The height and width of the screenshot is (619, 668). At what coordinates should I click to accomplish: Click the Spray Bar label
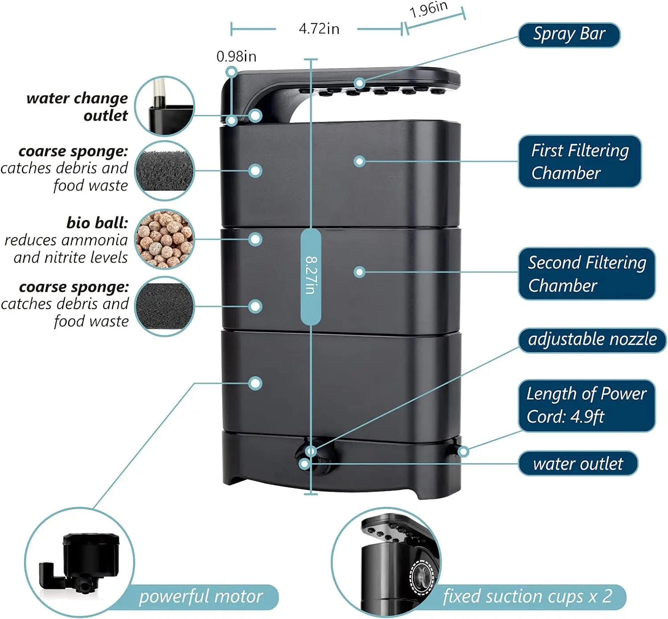569,35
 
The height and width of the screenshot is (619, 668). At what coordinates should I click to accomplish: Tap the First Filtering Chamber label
579,161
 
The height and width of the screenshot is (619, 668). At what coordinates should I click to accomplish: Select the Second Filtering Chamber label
587,273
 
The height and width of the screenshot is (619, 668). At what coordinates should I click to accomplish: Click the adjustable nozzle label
592,340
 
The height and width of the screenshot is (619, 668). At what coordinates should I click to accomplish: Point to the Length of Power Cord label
586,405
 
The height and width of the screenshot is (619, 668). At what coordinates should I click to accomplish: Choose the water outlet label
578,464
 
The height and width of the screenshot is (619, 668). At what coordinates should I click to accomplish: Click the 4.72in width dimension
318,29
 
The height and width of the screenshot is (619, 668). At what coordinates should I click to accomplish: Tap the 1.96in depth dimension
428,10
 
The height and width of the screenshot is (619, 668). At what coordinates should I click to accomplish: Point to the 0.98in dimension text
236,57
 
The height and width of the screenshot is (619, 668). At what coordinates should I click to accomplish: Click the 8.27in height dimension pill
310,276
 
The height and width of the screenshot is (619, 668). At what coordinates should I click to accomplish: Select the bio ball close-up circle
165,239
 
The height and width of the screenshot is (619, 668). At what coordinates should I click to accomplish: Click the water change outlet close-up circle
165,106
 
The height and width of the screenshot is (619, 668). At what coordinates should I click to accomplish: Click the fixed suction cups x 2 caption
527,597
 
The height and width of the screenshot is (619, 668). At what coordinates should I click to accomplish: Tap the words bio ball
97,222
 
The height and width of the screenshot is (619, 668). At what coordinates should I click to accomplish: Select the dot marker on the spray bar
359,83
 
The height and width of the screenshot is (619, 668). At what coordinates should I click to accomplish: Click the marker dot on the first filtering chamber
359,161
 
